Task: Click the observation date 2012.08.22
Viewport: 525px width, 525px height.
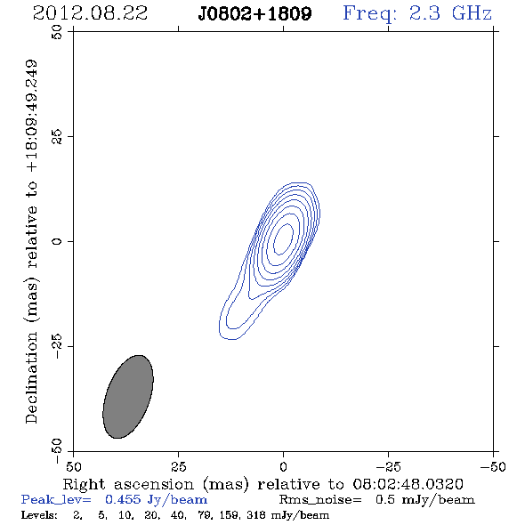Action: point(90,13)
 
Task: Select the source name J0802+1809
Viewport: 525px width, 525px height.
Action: point(254,14)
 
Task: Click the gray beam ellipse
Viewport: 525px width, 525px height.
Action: point(128,397)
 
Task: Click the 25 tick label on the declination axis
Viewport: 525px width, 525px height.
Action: point(57,136)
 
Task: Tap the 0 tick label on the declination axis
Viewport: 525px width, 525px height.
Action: point(57,241)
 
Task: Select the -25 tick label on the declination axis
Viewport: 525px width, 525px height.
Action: point(57,346)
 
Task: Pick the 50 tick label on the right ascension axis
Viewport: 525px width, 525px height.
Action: point(73,467)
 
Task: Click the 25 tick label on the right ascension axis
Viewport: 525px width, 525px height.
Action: point(178,467)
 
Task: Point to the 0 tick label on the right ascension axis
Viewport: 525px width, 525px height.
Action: point(283,467)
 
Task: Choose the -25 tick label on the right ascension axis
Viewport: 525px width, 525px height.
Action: point(388,467)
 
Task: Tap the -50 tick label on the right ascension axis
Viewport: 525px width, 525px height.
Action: point(493,467)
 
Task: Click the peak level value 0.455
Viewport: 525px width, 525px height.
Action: point(123,500)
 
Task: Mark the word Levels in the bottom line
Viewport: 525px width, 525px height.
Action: point(38,515)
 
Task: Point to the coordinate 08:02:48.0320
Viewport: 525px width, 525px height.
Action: point(408,484)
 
